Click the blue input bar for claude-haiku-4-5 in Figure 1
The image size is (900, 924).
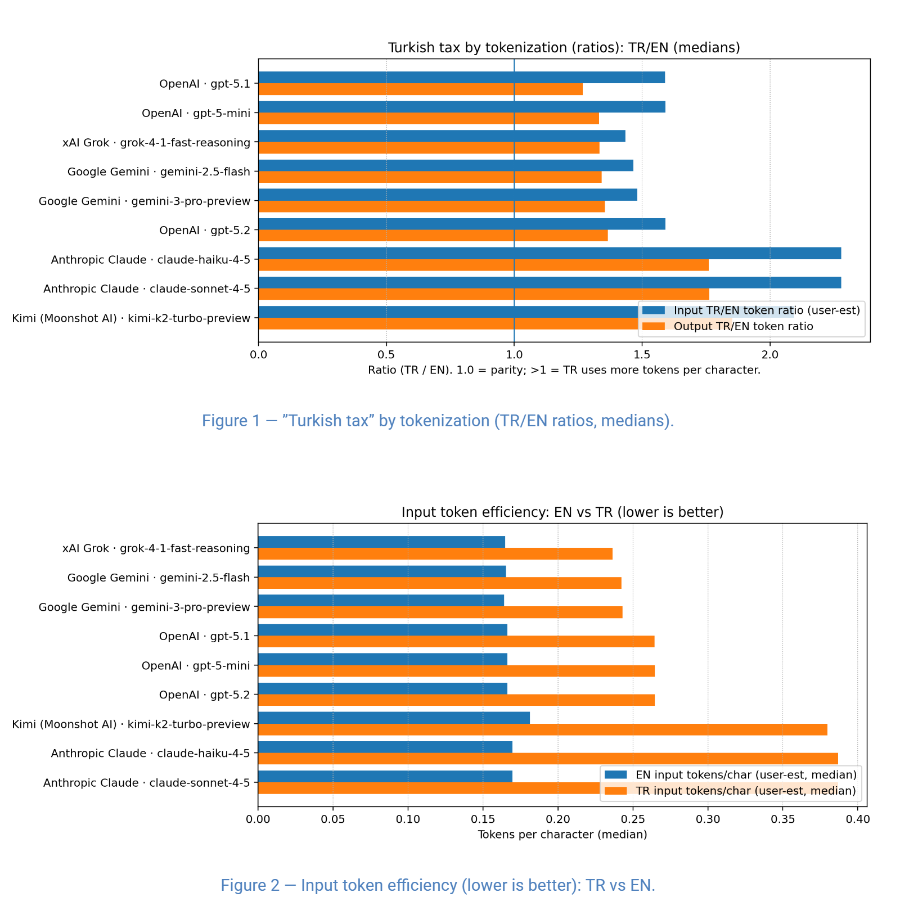pos(549,254)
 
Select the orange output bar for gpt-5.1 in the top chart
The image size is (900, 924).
pos(420,89)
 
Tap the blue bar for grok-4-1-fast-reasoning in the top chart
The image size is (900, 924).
pos(442,136)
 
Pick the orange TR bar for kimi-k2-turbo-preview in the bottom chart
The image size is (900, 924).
pos(542,729)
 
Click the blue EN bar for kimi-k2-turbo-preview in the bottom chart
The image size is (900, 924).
pos(394,718)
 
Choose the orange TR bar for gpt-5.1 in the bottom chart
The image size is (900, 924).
pos(456,642)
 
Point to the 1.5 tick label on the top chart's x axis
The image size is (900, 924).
pos(642,355)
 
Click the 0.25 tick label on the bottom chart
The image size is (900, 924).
pos(633,819)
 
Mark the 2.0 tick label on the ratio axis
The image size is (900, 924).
pos(769,355)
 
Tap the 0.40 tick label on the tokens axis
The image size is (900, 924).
pos(857,819)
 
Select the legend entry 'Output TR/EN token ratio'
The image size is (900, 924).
pos(743,327)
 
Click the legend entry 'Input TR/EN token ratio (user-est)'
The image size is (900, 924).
pos(766,310)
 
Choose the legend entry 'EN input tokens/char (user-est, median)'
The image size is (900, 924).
pos(745,775)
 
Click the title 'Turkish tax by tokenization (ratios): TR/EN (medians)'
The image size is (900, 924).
pos(564,48)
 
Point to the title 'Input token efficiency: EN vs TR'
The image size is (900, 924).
pos(562,512)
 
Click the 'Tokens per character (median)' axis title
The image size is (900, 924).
pos(562,835)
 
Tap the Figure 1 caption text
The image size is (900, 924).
pos(438,421)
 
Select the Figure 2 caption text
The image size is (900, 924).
pos(438,885)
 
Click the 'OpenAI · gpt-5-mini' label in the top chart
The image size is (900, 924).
pos(196,113)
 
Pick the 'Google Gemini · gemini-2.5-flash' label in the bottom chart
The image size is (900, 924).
pos(158,578)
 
